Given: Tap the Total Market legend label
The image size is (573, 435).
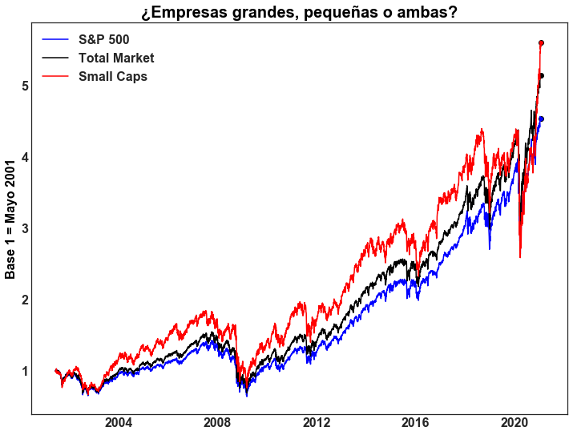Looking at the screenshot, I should [x=116, y=58].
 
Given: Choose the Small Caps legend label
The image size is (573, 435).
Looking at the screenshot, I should [x=113, y=77].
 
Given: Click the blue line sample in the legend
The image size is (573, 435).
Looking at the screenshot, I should [x=56, y=39].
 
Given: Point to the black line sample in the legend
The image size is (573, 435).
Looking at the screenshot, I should [x=56, y=58].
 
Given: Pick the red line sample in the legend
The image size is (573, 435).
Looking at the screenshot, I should [x=56, y=77].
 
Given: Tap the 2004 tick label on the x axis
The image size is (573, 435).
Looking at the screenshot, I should [x=119, y=423].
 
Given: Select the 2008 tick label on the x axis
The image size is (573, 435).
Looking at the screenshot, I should [x=218, y=423].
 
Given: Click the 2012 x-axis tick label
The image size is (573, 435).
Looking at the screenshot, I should [x=317, y=423].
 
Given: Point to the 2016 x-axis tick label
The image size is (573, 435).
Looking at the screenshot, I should [x=415, y=423].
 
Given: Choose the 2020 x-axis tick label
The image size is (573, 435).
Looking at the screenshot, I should [x=514, y=423].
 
